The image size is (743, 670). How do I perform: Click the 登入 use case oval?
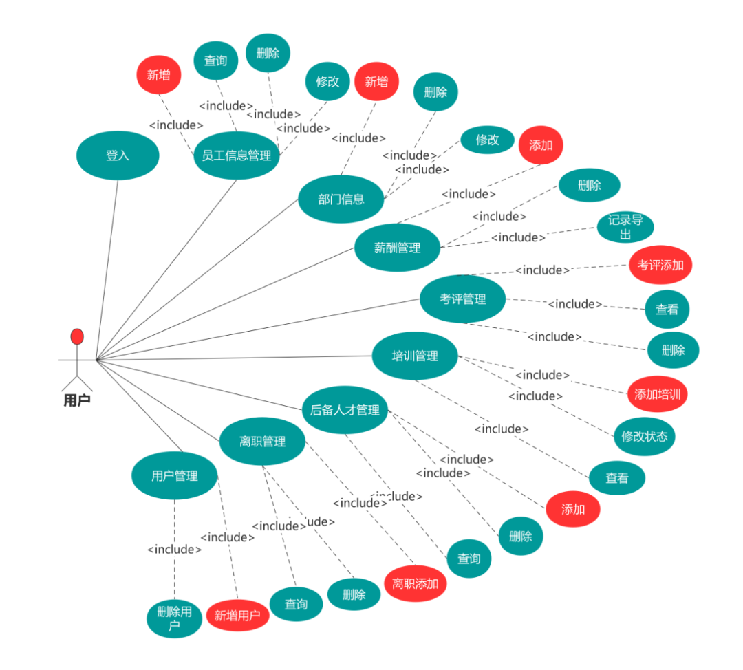click(118, 155)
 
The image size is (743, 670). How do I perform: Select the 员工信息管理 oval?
click(236, 155)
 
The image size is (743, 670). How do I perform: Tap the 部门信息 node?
click(341, 199)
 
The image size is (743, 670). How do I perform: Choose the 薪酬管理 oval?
click(397, 248)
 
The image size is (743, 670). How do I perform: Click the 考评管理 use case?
click(462, 299)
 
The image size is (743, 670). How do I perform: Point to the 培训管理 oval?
click(415, 356)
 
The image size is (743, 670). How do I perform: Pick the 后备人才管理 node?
click(345, 410)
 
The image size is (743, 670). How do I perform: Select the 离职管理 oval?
click(262, 442)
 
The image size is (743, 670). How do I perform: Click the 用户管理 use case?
click(174, 475)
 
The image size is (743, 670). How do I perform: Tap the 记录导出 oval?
click(625, 228)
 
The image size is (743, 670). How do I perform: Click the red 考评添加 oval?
click(660, 265)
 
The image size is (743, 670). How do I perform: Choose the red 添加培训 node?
click(657, 394)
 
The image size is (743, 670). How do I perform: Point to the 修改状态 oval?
click(645, 436)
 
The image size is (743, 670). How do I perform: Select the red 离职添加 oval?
click(415, 584)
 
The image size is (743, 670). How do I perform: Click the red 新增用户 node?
click(237, 615)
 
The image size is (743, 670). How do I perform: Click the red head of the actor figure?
click(77, 336)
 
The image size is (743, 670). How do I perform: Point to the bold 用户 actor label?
click(77, 400)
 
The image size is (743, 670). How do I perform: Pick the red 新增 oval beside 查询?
click(159, 75)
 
